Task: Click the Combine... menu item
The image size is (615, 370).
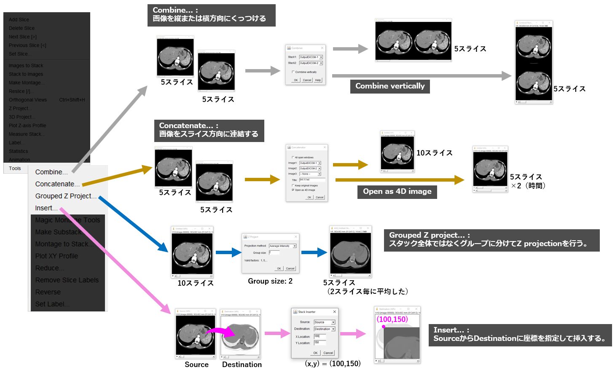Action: (x=51, y=172)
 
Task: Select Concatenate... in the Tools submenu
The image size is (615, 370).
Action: (x=57, y=184)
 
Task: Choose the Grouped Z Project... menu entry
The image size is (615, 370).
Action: (x=65, y=196)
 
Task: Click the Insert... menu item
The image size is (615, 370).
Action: (x=46, y=208)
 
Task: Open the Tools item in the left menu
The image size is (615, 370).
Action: (x=15, y=168)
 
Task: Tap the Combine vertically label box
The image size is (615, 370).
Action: (x=390, y=86)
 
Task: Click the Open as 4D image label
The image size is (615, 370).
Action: (x=397, y=191)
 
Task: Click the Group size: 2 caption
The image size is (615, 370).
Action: (x=270, y=281)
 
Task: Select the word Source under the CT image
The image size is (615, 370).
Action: (x=196, y=365)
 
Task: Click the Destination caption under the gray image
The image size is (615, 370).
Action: (x=242, y=365)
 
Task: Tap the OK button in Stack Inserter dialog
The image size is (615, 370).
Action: (x=315, y=353)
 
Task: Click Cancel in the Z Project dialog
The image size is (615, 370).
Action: (x=290, y=268)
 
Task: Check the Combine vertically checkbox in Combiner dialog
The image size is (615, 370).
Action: (x=293, y=72)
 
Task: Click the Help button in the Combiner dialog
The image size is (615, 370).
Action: (x=318, y=80)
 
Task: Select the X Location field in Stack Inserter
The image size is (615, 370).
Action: (x=320, y=336)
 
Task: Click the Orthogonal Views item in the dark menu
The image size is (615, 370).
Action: (x=28, y=100)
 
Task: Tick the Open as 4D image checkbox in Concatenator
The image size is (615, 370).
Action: (x=293, y=190)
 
